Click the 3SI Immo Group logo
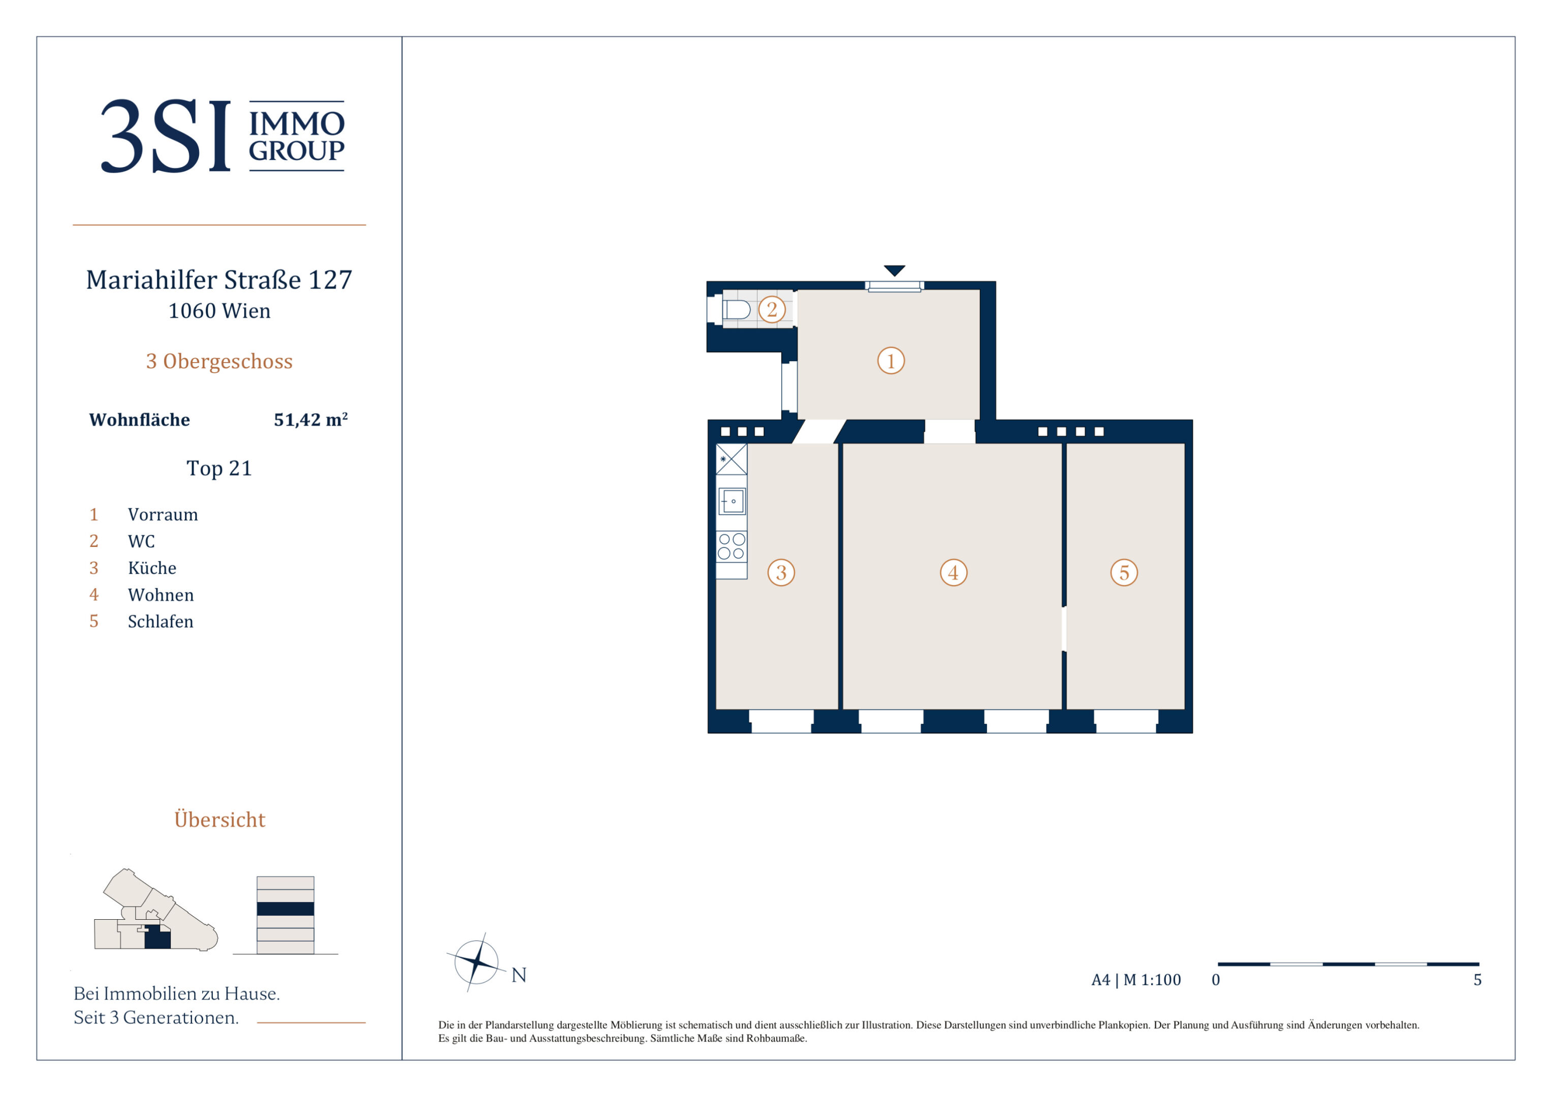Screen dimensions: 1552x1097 223,136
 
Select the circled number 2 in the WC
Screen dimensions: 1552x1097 772,310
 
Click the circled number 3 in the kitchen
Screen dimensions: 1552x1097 781,572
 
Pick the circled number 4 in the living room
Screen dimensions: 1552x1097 954,572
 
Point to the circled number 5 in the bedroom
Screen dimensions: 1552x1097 1124,572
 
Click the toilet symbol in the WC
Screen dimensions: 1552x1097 737,310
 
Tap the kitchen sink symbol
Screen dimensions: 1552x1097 732,502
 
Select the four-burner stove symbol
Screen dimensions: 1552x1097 732,546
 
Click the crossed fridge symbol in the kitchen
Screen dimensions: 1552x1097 732,459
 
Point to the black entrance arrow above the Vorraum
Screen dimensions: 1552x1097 894,270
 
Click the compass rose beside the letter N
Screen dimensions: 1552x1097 477,961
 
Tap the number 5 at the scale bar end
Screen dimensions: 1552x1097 1478,979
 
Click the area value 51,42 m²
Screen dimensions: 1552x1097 311,419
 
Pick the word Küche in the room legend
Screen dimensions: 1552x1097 152,568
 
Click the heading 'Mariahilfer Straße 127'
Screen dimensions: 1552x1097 219,280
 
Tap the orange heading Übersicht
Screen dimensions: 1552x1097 219,819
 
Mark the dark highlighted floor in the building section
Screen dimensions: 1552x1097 286,909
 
